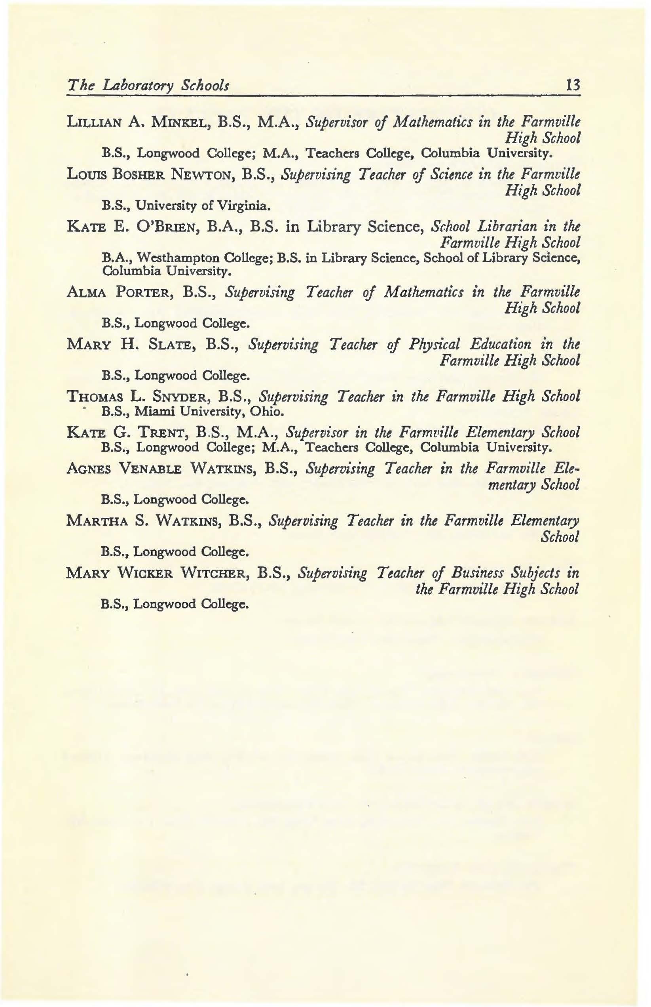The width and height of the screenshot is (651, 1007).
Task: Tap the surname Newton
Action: pyautogui.click(x=202, y=175)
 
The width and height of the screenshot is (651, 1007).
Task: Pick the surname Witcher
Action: pyautogui.click(x=216, y=573)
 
